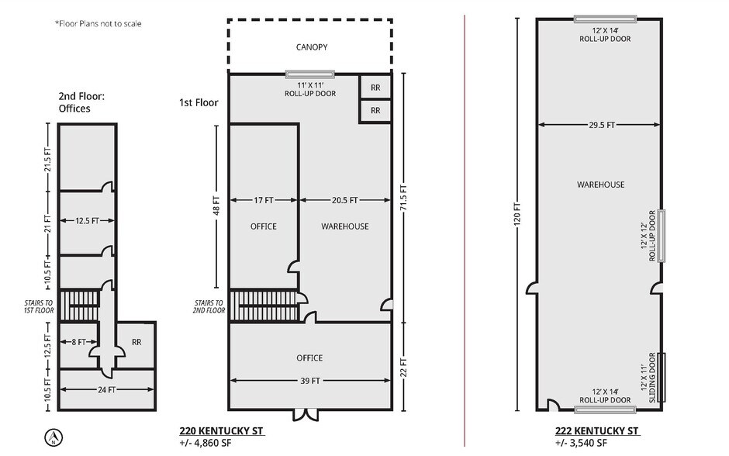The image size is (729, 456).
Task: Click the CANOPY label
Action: [312, 47]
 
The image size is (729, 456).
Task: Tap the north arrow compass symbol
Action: [54, 437]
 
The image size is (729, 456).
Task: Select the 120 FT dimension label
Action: [517, 214]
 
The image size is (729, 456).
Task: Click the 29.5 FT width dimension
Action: [602, 125]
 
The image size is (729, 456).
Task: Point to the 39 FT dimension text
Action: [310, 381]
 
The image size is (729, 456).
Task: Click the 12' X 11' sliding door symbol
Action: [662, 378]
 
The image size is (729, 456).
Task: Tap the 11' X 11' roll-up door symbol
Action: [309, 74]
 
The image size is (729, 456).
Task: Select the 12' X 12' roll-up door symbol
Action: [661, 236]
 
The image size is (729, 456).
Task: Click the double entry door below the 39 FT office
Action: [306, 415]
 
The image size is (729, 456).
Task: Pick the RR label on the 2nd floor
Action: [136, 342]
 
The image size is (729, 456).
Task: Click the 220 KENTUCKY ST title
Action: [221, 431]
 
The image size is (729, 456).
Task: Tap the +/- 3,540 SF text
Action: [581, 443]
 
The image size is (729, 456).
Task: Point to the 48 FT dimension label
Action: [216, 206]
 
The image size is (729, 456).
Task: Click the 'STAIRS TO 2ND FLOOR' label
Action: [209, 306]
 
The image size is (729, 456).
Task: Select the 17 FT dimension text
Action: [264, 200]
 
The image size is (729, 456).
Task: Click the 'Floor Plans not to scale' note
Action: [98, 24]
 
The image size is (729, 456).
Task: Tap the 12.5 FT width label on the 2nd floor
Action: [88, 221]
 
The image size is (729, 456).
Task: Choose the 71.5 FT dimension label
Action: [403, 198]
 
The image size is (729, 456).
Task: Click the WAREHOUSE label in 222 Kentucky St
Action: [601, 185]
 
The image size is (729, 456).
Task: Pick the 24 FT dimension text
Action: [106, 390]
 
